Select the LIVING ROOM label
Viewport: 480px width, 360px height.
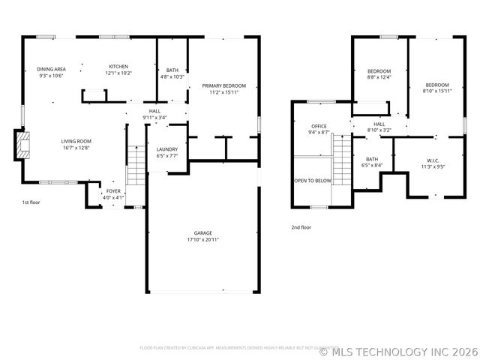click(76, 141)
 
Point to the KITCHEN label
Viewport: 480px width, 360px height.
click(118, 67)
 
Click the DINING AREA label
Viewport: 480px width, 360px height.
click(51, 69)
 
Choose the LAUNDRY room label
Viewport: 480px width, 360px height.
click(166, 150)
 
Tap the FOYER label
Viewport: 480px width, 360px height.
click(113, 191)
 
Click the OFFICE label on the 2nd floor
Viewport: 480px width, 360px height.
click(319, 126)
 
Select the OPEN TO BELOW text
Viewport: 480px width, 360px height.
click(313, 181)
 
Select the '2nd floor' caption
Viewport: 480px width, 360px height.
click(301, 226)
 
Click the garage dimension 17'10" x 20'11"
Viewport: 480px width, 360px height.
click(202, 240)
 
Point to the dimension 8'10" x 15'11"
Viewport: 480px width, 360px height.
click(438, 91)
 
